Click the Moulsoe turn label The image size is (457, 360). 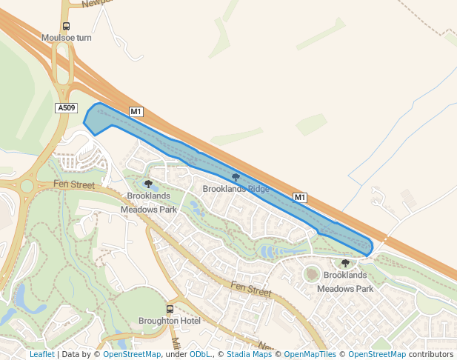pyautogui.click(x=66, y=38)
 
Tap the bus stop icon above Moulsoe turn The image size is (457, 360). pyautogui.click(x=66, y=26)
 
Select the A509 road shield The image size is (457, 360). pyautogui.click(x=66, y=108)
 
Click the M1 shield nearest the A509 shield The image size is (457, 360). pyautogui.click(x=136, y=112)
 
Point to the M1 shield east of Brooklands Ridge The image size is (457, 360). pyautogui.click(x=299, y=197)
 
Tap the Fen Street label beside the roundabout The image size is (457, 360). pyautogui.click(x=74, y=184)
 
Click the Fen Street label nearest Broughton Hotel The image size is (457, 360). pyautogui.click(x=250, y=289)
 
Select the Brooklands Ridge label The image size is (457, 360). pyautogui.click(x=236, y=189)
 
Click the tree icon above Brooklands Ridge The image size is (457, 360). pyautogui.click(x=236, y=177)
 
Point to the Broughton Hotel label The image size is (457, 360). pyautogui.click(x=170, y=321)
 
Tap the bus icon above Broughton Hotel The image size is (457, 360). pyautogui.click(x=170, y=309)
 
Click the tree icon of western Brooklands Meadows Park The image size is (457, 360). pyautogui.click(x=148, y=184)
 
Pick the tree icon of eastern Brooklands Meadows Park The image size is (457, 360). pyautogui.click(x=345, y=263)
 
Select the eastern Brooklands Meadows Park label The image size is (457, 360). pyautogui.click(x=345, y=281)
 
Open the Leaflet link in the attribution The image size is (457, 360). pyautogui.click(x=41, y=354)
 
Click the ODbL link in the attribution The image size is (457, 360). pyautogui.click(x=200, y=354)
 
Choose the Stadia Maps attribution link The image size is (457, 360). pyautogui.click(x=249, y=354)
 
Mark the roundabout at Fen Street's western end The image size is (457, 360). pyautogui.click(x=27, y=186)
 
